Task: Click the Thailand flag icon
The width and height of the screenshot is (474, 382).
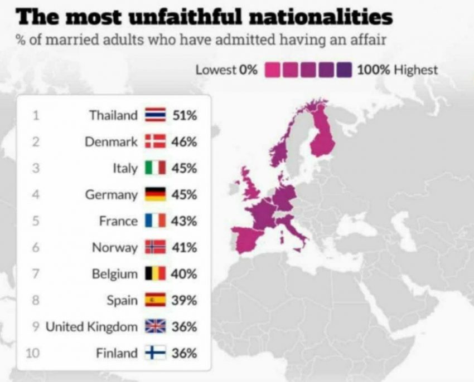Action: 156,115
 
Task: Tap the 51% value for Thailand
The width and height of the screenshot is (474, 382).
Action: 185,115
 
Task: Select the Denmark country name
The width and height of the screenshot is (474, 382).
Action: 111,141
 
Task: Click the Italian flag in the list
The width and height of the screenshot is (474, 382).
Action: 156,168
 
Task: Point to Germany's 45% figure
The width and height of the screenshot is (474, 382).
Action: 185,194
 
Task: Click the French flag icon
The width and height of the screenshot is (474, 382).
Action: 156,221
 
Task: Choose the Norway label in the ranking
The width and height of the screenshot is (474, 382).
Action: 115,248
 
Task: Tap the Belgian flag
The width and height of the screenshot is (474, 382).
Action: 156,273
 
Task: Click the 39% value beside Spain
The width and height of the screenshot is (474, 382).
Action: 185,301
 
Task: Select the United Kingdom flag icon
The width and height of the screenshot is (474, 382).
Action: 156,326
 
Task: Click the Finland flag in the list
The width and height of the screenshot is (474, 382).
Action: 156,352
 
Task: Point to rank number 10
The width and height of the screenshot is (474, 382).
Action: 33,353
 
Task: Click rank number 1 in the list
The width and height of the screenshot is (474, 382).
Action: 36,115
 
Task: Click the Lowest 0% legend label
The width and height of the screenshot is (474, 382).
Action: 227,70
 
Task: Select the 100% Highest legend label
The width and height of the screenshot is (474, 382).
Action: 398,70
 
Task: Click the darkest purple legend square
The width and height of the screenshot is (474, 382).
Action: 345,70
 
